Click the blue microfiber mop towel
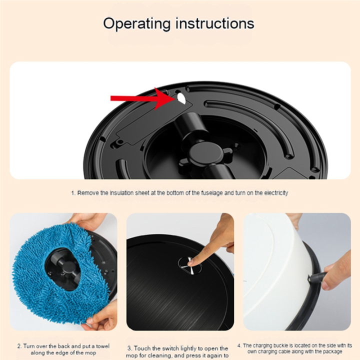tap(40, 280)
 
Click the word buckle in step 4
tap(287, 345)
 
